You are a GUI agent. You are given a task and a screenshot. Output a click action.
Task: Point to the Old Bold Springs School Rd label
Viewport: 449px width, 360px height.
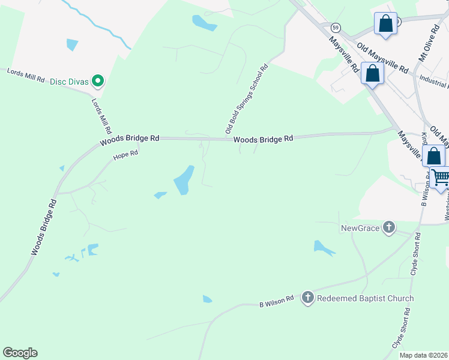pos(246,99)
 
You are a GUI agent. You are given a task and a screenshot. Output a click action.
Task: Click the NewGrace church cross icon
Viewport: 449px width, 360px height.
pos(389,227)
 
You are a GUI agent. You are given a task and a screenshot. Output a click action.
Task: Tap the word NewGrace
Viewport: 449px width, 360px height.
pos(360,228)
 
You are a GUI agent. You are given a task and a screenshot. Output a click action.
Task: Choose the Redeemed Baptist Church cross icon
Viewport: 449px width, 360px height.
pos(308,298)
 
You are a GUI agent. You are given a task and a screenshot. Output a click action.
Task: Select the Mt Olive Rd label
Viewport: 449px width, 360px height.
pos(430,43)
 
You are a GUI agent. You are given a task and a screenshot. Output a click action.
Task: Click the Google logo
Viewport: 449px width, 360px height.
pos(20,353)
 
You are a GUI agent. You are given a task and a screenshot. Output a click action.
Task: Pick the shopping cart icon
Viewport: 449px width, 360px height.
pos(441,177)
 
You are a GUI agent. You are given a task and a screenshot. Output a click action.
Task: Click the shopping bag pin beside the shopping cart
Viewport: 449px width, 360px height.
pos(433,156)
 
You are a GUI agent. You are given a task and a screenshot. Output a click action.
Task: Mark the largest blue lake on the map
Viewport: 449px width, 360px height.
pos(184,179)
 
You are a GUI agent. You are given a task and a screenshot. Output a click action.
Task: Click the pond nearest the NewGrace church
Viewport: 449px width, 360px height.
pos(323,247)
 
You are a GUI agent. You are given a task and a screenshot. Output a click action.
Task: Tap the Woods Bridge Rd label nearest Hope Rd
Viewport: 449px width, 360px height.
pos(130,139)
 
